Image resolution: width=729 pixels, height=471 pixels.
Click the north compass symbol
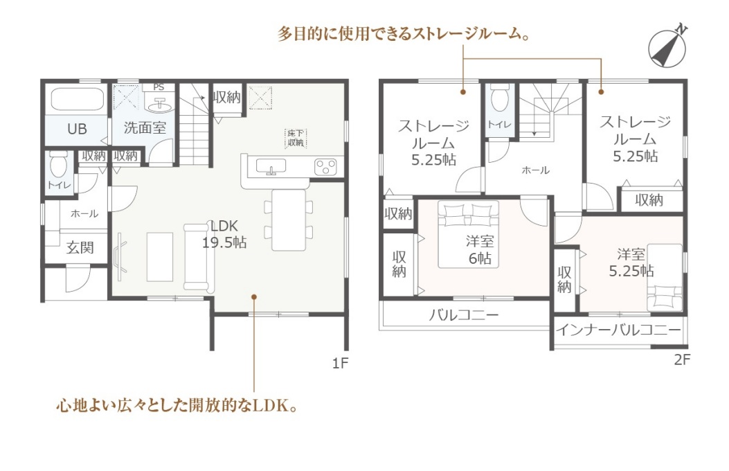pyautogui.click(x=669, y=46)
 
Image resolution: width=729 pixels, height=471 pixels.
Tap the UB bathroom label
pyautogui.click(x=76, y=129)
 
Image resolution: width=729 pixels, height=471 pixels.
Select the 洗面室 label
pyautogui.click(x=145, y=128)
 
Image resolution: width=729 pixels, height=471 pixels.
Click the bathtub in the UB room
pyautogui.click(x=77, y=103)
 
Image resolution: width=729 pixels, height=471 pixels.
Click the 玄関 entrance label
pyautogui.click(x=80, y=247)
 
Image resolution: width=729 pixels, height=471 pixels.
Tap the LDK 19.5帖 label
pyautogui.click(x=224, y=234)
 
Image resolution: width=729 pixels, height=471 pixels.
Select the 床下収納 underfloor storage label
pyautogui.click(x=296, y=138)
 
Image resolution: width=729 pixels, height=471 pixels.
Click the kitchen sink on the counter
pyautogui.click(x=273, y=166)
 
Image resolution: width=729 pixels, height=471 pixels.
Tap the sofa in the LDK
pyautogui.click(x=199, y=256)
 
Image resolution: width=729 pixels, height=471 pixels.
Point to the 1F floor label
pyautogui.click(x=339, y=362)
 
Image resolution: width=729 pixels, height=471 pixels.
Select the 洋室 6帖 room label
pyautogui.click(x=479, y=250)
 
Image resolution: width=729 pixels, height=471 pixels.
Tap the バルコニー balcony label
pyautogui.click(x=463, y=315)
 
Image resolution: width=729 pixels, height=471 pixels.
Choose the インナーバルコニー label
pyautogui.click(x=618, y=330)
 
